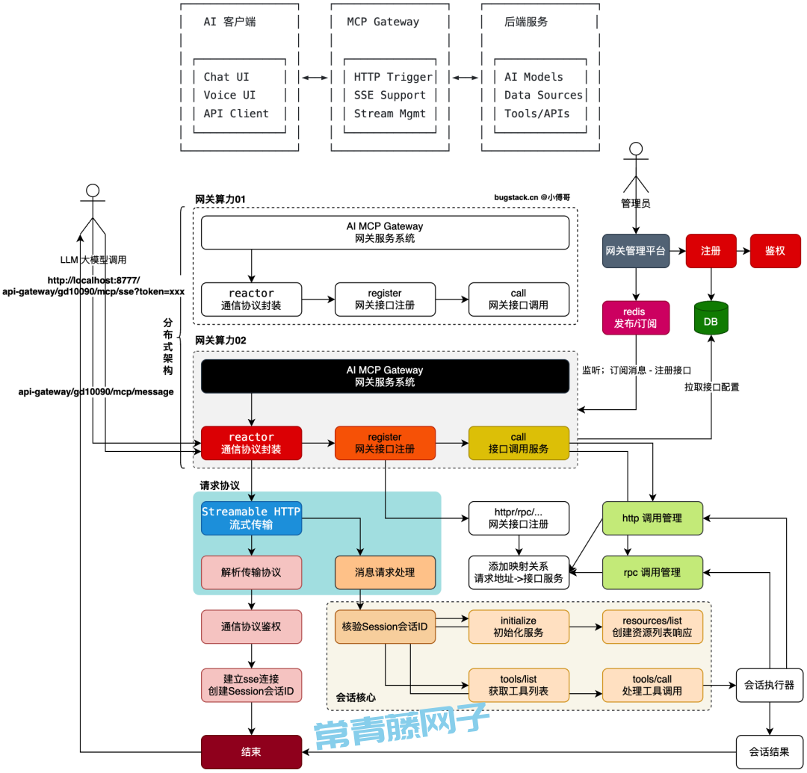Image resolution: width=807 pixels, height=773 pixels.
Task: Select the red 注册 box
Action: tap(711, 251)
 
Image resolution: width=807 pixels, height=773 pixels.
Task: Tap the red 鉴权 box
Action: tap(776, 251)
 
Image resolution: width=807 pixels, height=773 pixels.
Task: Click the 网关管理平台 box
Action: tap(636, 251)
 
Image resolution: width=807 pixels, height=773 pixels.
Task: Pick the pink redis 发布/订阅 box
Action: tap(636, 318)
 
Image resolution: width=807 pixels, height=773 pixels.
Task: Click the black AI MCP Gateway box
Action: tap(385, 376)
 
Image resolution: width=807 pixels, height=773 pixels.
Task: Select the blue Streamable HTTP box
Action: tap(251, 518)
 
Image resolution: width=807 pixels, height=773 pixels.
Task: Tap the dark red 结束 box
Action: tap(251, 752)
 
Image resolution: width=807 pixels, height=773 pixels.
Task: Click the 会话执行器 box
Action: tap(770, 685)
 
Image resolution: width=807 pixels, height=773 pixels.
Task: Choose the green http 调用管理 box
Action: tap(652, 518)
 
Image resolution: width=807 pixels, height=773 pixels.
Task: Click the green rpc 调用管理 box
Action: tap(652, 572)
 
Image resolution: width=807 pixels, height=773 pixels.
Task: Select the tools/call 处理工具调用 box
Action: tap(652, 685)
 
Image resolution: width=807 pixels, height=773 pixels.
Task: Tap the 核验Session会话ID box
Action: tap(385, 627)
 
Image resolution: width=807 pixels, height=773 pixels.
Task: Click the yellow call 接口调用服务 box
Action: tap(519, 443)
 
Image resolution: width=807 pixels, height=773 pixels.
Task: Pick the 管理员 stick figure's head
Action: tap(636, 149)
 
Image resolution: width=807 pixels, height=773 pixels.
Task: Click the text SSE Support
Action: tap(389, 95)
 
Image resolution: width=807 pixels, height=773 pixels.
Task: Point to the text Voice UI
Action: tap(229, 95)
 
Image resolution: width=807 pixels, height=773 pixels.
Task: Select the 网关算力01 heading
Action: tap(220, 199)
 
